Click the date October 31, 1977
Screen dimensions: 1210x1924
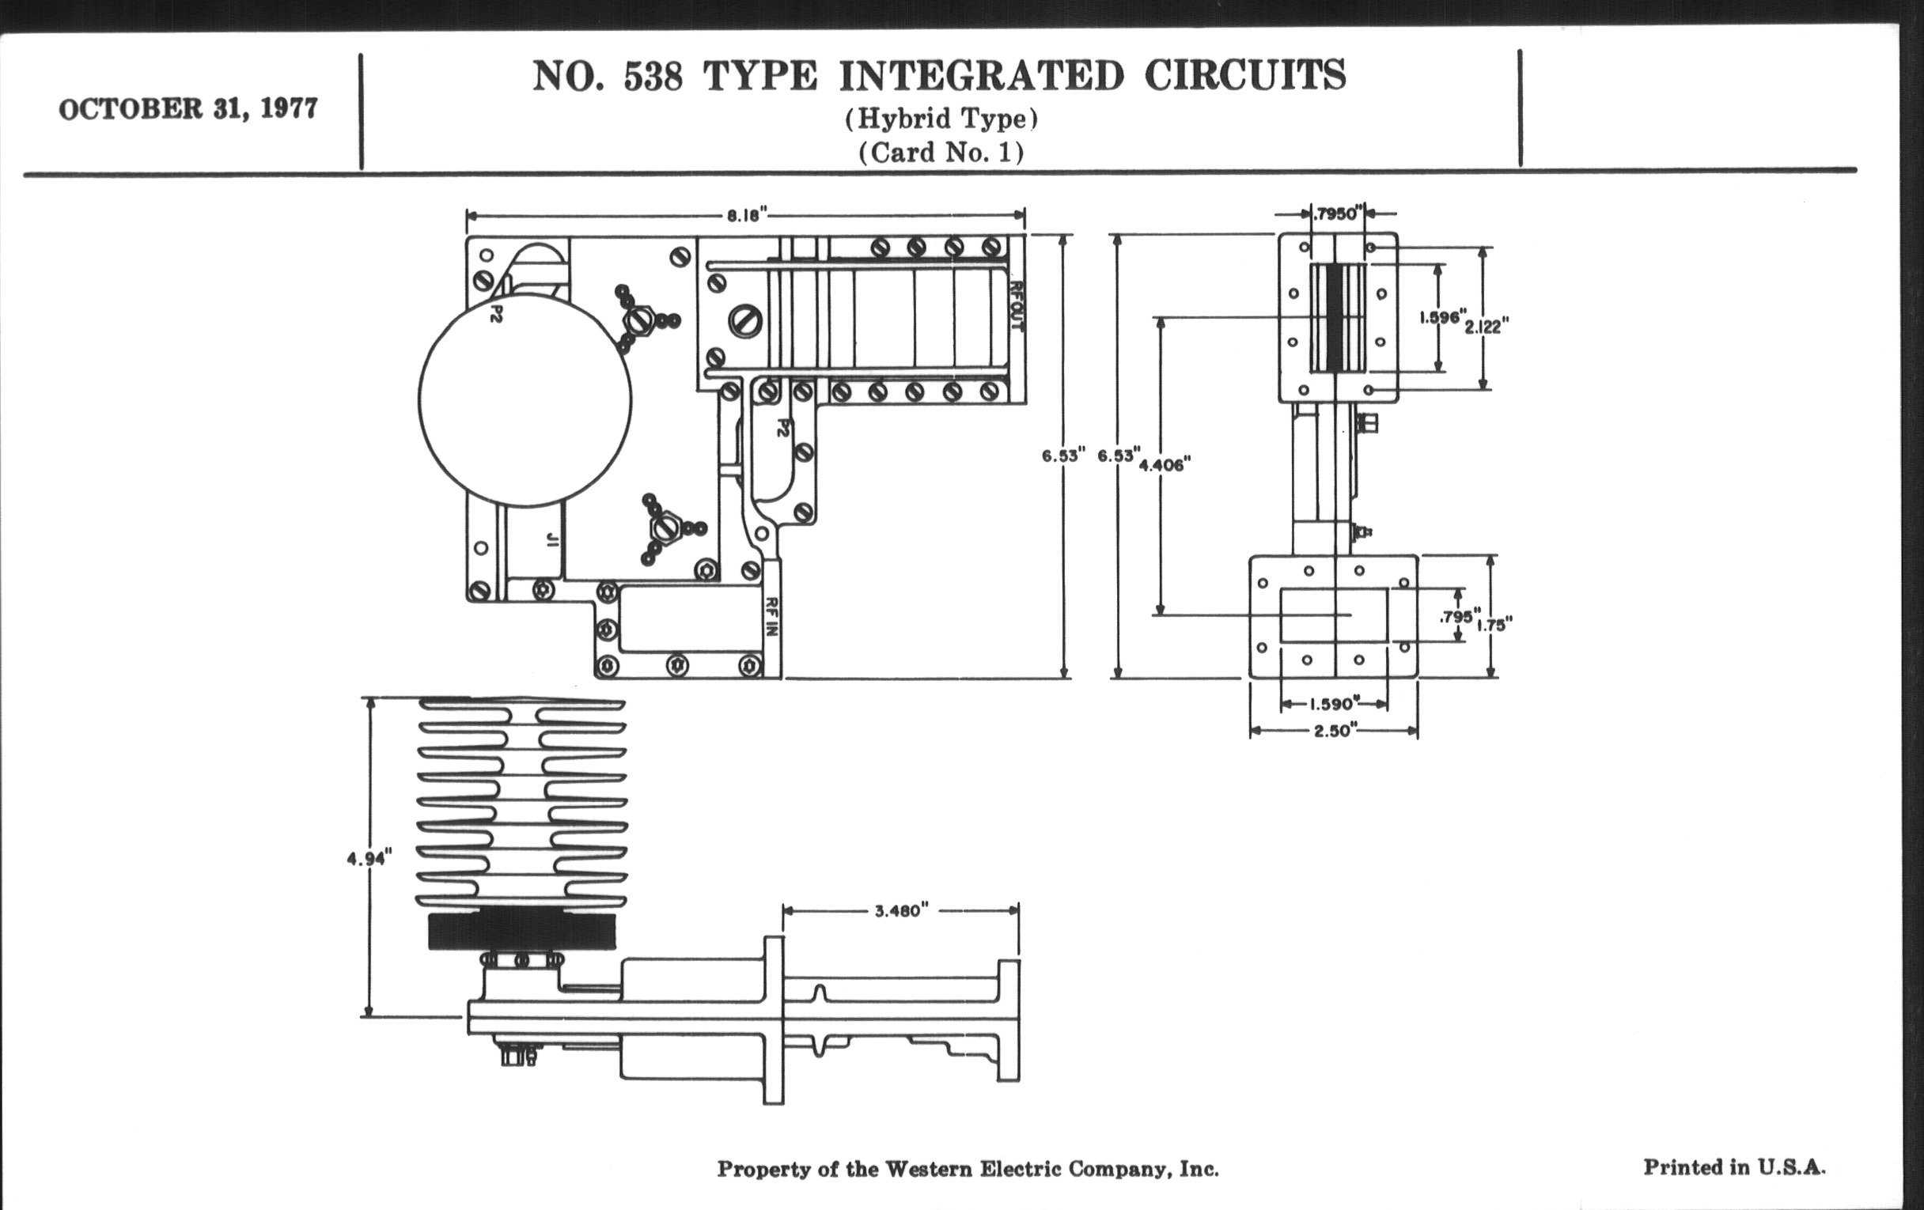(x=187, y=108)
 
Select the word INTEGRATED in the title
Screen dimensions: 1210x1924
(x=981, y=77)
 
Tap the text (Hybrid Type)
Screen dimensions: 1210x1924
(x=941, y=119)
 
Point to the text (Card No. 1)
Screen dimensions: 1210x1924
(x=941, y=152)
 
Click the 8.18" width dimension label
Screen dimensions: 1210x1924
(x=746, y=216)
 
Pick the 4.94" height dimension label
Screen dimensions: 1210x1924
(x=369, y=859)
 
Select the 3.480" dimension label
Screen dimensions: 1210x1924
(x=901, y=910)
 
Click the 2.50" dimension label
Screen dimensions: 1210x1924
(x=1332, y=731)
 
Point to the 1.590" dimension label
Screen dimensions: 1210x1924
(x=1332, y=705)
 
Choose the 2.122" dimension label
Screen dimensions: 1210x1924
(x=1487, y=326)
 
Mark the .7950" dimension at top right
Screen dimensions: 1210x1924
(x=1336, y=214)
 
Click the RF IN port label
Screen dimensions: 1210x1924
(x=771, y=617)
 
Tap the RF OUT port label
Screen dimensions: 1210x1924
(x=1017, y=305)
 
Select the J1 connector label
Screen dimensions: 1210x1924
(x=551, y=540)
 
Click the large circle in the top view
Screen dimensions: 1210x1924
(x=525, y=400)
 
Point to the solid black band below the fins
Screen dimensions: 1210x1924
(x=522, y=932)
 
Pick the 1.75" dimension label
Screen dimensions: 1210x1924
(x=1494, y=625)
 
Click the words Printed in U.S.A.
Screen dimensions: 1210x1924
(x=1734, y=1167)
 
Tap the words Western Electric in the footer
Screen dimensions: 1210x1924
(x=974, y=1169)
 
